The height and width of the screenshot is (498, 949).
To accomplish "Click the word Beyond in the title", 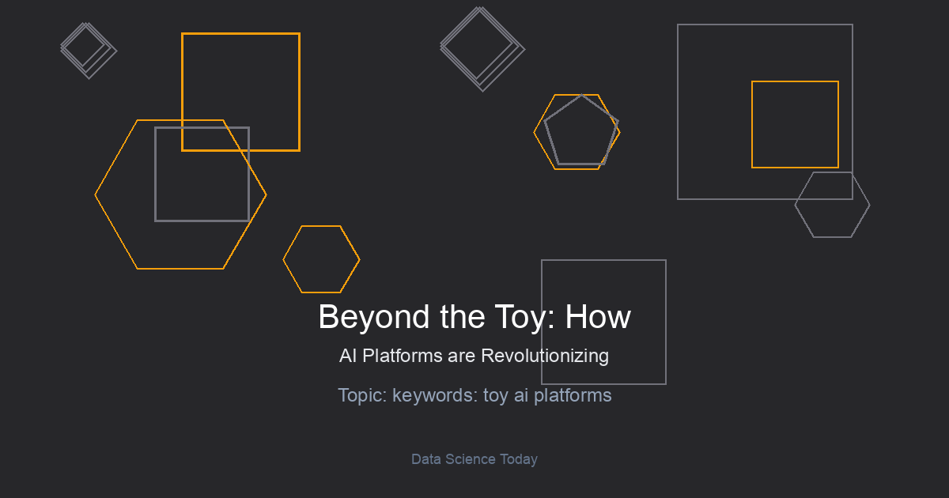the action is point(373,318).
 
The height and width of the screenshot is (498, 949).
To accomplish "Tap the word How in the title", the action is point(598,317).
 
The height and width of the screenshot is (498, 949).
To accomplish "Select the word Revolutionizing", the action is point(545,357).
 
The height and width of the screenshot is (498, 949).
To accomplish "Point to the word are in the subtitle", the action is point(461,357).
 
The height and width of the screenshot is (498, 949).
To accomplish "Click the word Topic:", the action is point(362,395).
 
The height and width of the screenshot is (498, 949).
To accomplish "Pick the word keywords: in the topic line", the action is point(435,395).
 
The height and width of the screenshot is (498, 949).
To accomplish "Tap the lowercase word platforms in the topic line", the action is point(573,395).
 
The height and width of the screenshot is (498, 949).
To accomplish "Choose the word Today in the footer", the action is point(519,459).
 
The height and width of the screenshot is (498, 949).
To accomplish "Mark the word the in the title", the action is point(462,317).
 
